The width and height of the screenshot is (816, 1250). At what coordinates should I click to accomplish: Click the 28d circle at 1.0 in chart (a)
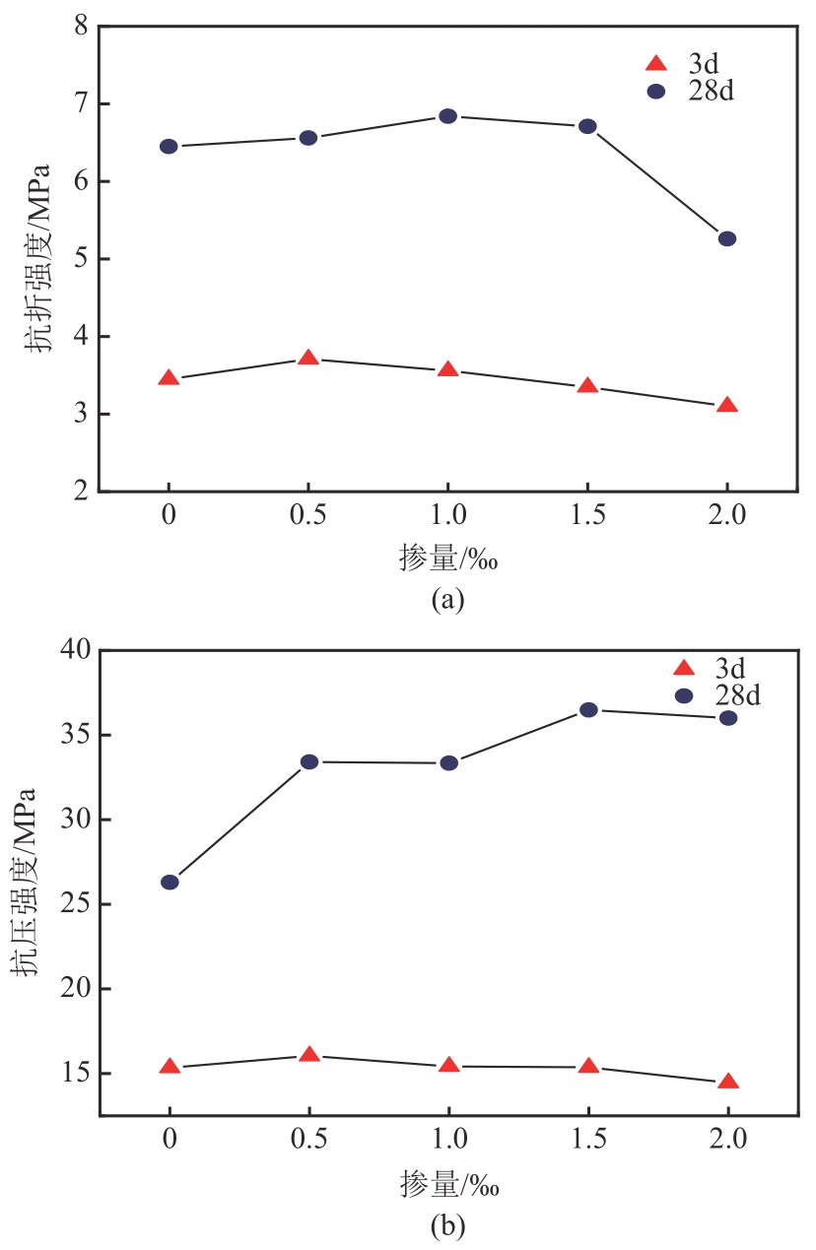(x=447, y=116)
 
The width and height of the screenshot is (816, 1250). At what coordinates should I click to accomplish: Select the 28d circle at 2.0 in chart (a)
(x=727, y=238)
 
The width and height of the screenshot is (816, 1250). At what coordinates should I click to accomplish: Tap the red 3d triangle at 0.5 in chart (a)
(x=308, y=358)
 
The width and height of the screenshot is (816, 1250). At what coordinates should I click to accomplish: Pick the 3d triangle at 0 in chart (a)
(x=169, y=378)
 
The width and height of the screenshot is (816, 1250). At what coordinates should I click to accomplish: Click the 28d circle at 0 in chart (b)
(x=170, y=882)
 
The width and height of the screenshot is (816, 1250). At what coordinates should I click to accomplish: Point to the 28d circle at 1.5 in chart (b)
(x=588, y=709)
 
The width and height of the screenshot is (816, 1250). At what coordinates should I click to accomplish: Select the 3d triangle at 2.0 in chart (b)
(x=728, y=1082)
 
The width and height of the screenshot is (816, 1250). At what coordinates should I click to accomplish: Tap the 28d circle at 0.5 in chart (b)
(x=308, y=761)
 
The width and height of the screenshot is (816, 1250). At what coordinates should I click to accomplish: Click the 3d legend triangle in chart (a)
(x=655, y=64)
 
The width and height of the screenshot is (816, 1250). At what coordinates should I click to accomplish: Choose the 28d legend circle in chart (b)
(x=684, y=695)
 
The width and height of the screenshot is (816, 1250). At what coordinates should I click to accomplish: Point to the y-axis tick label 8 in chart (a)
(x=79, y=27)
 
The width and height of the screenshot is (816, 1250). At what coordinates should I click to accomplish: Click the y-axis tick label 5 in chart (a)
(x=79, y=259)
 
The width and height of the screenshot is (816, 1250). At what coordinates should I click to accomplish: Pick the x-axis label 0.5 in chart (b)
(x=308, y=1143)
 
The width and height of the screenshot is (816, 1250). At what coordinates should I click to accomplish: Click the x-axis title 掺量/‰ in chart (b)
(x=449, y=1184)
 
